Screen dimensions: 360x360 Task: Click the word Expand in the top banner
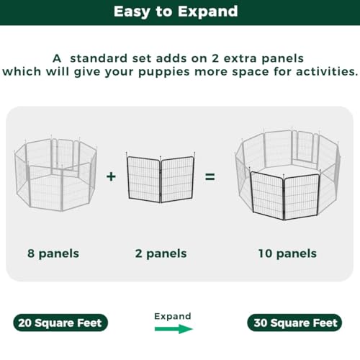[208, 12]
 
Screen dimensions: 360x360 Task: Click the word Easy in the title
[132, 12]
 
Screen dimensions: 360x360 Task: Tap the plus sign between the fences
[111, 176]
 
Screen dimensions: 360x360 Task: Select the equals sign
[210, 177]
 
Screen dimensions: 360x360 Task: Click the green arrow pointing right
[174, 329]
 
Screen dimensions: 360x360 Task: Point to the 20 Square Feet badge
[60, 323]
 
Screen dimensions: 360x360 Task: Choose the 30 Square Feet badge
[294, 323]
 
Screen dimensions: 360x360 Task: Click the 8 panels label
[53, 253]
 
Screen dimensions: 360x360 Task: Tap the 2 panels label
[161, 253]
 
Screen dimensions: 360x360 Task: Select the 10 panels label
[287, 253]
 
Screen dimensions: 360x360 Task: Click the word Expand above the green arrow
[173, 316]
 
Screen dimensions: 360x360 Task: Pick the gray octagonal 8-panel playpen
[55, 174]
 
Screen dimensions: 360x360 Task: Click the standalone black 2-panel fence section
[161, 177]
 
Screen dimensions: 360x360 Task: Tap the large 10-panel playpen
[288, 174]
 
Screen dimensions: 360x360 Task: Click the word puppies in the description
[164, 72]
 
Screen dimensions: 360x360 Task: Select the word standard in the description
[99, 58]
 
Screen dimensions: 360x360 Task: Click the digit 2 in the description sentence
[215, 58]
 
